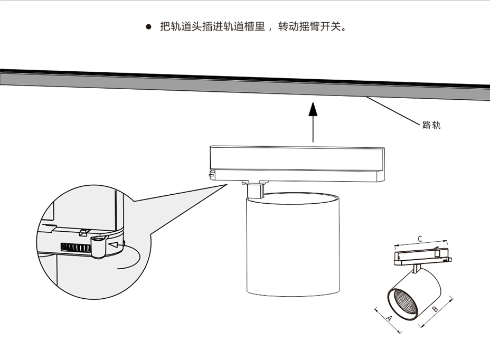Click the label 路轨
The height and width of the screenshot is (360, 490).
431,126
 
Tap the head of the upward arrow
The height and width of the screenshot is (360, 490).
313,108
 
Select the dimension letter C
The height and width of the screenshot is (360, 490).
420,239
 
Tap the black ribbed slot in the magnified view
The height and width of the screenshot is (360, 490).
74,247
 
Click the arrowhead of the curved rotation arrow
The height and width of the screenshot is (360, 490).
112,244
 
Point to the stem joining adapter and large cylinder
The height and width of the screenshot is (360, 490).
257,189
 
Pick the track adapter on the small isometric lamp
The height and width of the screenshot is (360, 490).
422,256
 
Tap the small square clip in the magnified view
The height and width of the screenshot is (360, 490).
83,231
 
